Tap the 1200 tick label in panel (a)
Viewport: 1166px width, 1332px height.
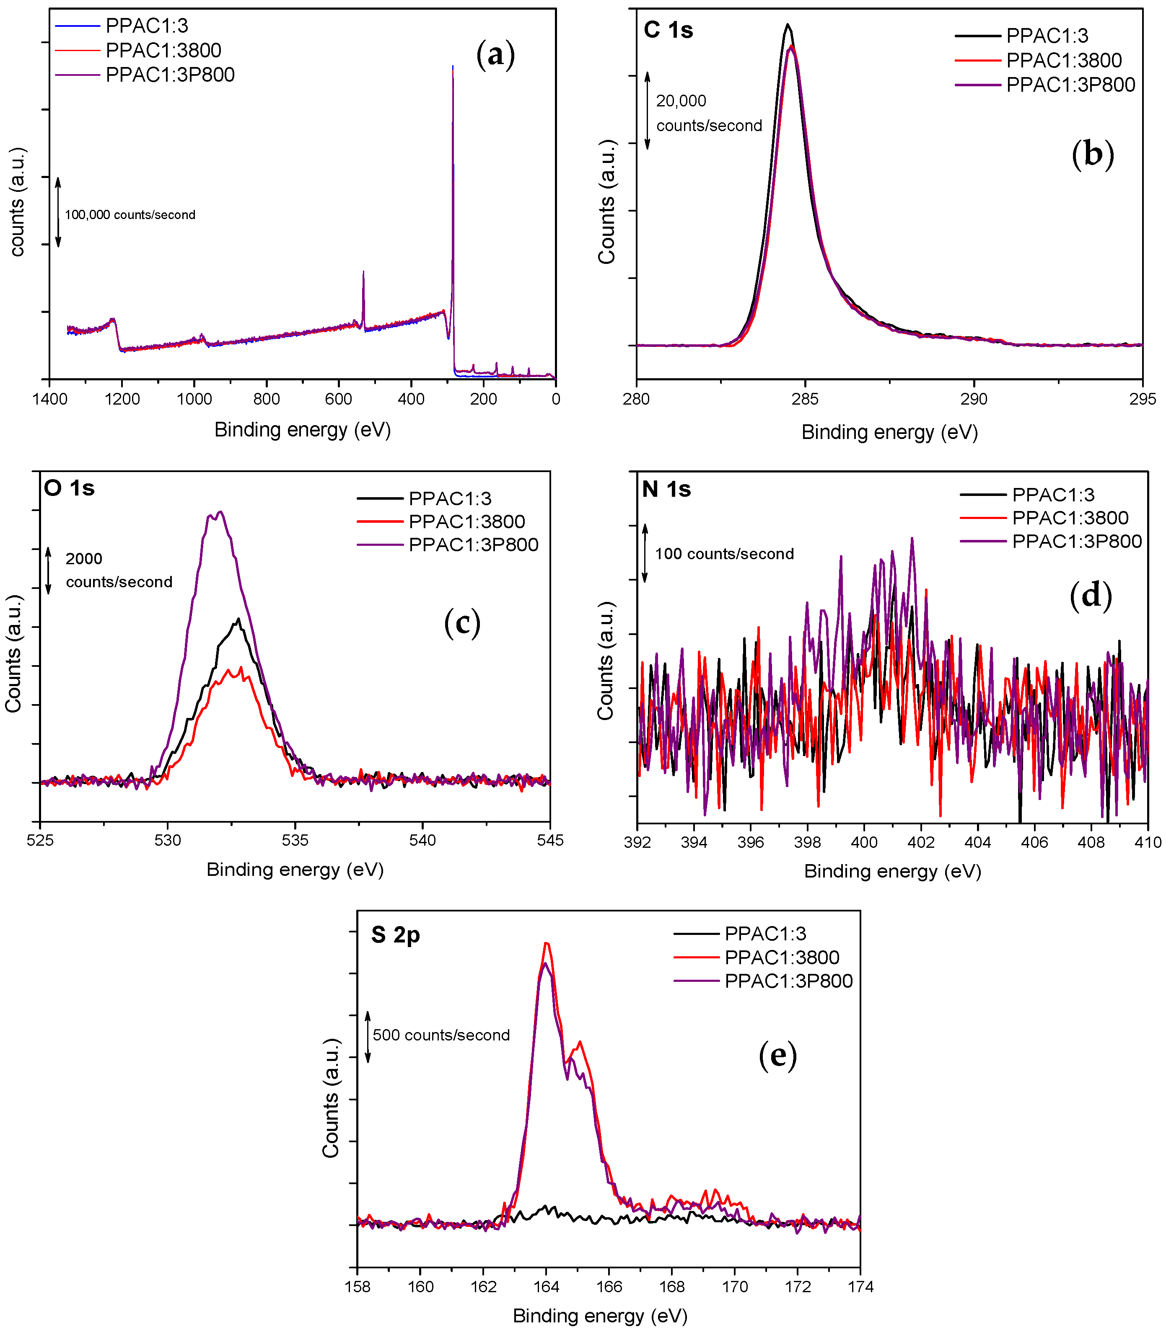[122, 399]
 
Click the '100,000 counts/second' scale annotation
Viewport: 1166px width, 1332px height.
[130, 214]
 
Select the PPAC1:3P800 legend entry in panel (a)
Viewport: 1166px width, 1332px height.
[169, 75]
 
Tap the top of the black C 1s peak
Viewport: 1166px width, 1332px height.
[788, 26]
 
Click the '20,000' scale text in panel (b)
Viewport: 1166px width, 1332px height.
[681, 101]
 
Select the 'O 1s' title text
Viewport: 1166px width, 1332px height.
[69, 488]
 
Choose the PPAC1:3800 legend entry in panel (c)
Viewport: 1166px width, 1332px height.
[466, 521]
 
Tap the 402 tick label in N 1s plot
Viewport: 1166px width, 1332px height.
[921, 843]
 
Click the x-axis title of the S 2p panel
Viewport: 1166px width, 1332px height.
[600, 1316]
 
